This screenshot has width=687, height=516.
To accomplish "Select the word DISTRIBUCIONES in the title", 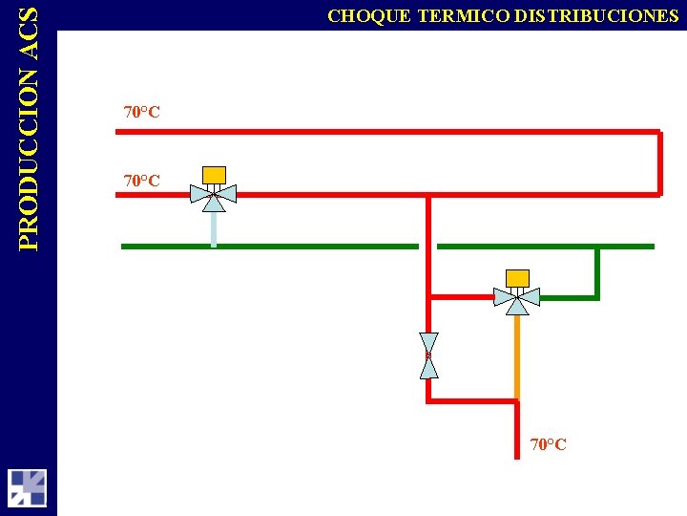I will pos(597,15).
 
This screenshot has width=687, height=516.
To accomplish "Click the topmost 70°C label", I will pos(142,112).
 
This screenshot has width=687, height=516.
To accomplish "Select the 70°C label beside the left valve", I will pos(142,180).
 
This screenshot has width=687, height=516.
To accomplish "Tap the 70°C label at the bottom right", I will pos(549,444).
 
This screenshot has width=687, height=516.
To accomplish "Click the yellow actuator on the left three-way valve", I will pos(215,174).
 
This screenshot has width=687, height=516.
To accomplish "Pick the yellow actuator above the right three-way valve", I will pos(517,277).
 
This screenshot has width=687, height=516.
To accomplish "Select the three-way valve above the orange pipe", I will pos(516,299).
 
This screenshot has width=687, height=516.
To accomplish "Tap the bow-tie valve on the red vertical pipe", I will pos(428,355).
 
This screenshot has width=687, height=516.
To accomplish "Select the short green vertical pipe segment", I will pos(597,272).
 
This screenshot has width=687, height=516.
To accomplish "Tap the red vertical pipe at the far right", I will pos(658,162).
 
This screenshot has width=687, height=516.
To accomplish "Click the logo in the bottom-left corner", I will pos(28,487).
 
